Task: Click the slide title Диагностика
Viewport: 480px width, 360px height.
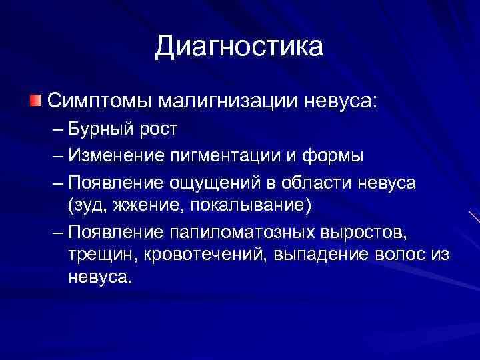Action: pyautogui.click(x=239, y=47)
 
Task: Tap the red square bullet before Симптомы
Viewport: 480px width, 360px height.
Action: pyautogui.click(x=35, y=101)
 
